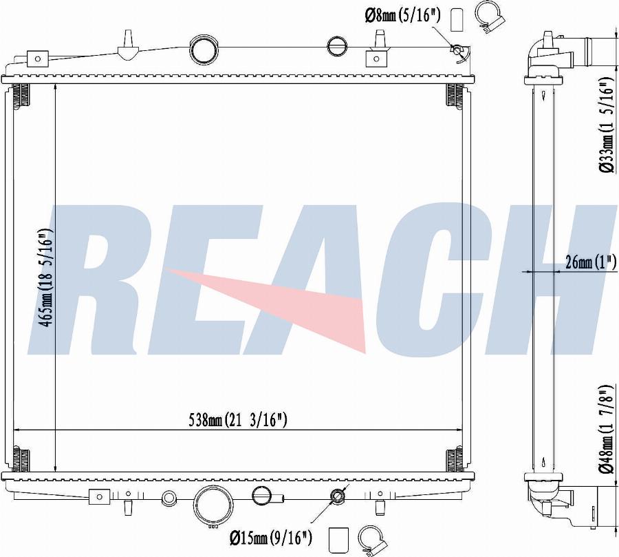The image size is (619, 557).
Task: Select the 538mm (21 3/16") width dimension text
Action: [238, 420]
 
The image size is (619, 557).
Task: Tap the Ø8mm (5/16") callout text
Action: [403, 17]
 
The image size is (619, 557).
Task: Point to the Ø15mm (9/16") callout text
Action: [271, 537]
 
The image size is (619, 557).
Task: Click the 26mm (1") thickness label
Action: [591, 262]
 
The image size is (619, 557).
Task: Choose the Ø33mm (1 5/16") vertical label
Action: [607, 125]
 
